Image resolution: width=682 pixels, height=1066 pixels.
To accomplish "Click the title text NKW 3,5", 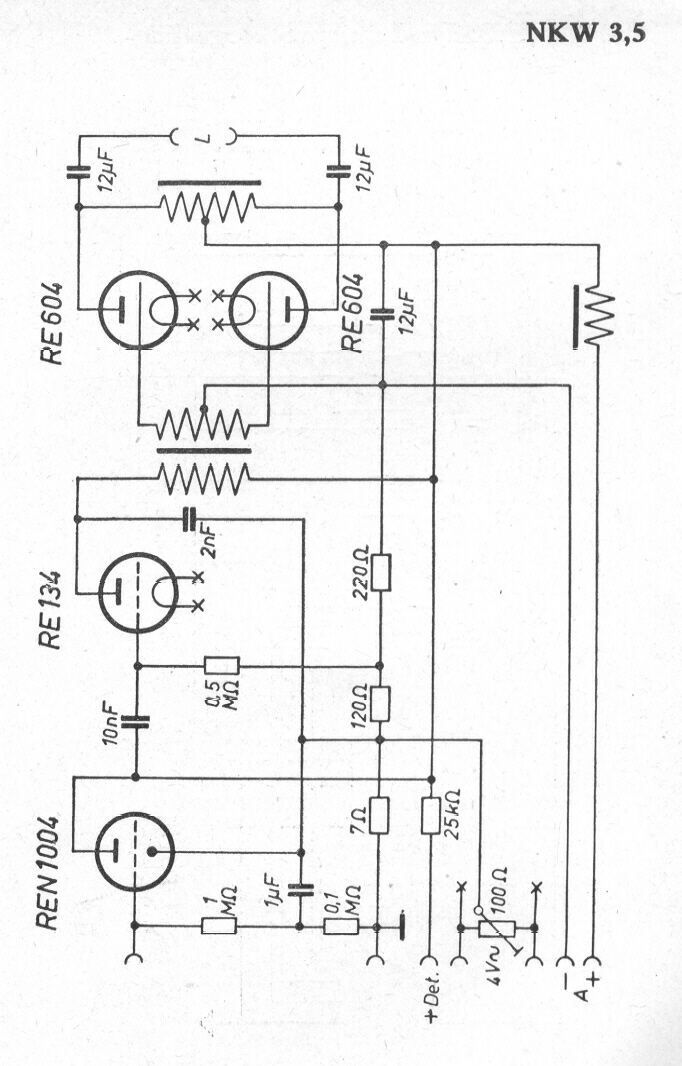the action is pos(585,33).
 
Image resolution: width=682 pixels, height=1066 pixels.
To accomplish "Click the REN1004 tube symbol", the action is pos(135,852).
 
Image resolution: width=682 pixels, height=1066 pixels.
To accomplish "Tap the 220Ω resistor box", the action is pos(381,572).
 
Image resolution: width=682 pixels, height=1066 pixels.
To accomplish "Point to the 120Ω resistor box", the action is pos(380,704).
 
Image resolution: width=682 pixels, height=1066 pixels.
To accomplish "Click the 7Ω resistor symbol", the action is pos(379,815).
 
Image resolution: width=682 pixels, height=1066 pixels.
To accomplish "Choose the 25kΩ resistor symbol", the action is pos(431,815).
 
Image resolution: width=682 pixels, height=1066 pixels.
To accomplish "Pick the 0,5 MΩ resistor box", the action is pos(222,666).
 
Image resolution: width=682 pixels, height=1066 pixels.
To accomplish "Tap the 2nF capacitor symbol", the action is pos(190,519).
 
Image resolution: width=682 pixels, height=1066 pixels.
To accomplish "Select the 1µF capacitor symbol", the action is pos(301,889).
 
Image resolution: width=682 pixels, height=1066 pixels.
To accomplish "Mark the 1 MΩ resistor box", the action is pos(219,925).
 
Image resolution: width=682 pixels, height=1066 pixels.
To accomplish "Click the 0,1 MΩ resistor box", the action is pos(341,926).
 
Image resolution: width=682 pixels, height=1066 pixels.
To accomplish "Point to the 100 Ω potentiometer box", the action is pos(497,927).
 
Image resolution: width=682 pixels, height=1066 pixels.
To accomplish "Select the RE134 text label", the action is pos(51,611).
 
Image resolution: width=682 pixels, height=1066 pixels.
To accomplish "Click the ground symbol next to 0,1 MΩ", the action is pos(402,926).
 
